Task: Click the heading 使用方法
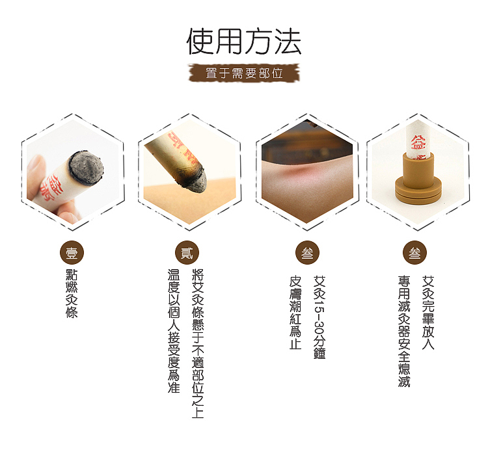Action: point(244,42)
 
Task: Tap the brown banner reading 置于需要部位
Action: point(244,73)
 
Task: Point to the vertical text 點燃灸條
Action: point(72,293)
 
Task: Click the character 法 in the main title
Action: point(286,42)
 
